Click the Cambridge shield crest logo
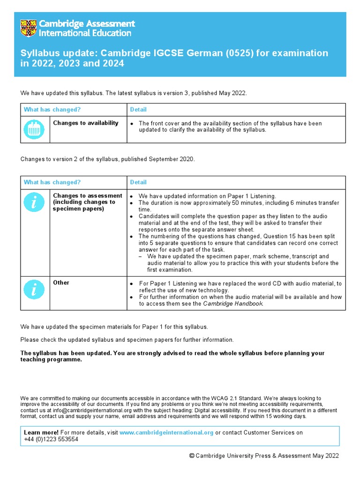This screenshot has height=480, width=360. tap(28, 28)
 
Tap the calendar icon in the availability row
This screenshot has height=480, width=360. tap(35, 129)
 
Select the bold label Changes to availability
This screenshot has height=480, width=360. tap(86, 123)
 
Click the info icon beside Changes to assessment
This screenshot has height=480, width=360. tap(35, 202)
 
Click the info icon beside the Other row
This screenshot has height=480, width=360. tap(35, 290)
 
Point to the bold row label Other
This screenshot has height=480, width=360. tap(61, 283)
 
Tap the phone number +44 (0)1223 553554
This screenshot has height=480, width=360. tap(51, 440)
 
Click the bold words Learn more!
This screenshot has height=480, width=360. tap(41, 433)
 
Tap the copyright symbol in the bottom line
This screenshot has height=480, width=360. tap(192, 456)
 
